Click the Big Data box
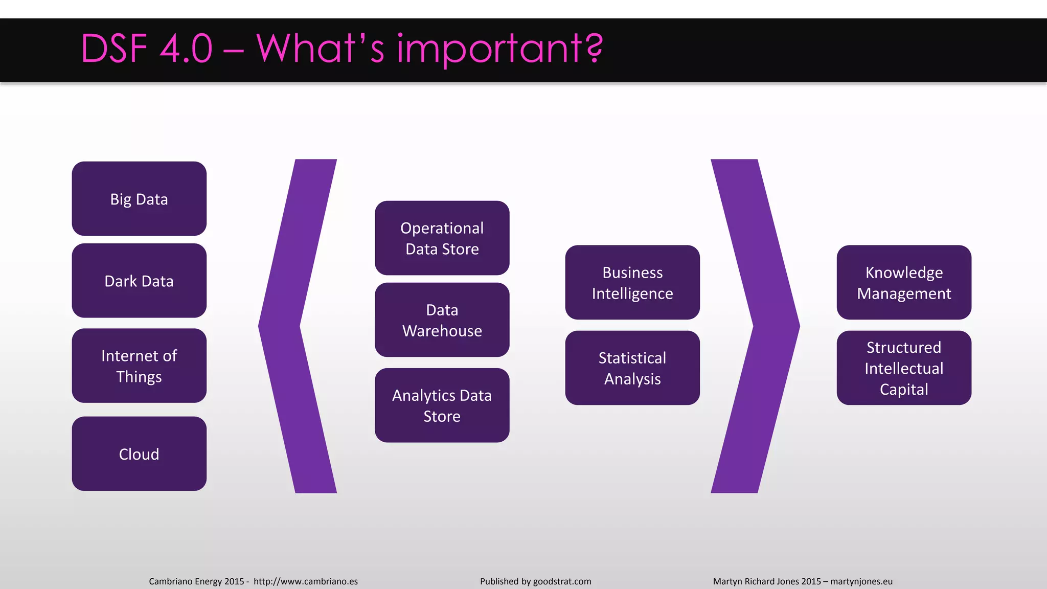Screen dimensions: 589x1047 coord(139,199)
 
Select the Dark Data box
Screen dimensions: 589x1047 coord(139,281)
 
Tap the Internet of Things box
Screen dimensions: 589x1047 coord(139,366)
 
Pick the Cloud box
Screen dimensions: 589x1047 coord(139,454)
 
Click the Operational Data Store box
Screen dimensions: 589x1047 coord(442,238)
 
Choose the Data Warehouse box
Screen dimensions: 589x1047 coord(442,320)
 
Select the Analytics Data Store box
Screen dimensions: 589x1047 coord(442,405)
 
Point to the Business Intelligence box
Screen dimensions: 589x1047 coord(632,283)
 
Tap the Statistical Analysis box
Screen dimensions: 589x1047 coord(632,368)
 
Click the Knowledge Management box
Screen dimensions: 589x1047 coord(904,283)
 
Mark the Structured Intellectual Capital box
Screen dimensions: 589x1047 coord(904,368)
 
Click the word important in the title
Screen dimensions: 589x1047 coord(488,50)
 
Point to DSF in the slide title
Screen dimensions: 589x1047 coord(114,50)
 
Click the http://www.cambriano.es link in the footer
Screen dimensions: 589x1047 coord(306,581)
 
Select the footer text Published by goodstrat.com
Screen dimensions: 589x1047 coord(535,581)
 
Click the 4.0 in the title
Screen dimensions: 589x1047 coord(186,50)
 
